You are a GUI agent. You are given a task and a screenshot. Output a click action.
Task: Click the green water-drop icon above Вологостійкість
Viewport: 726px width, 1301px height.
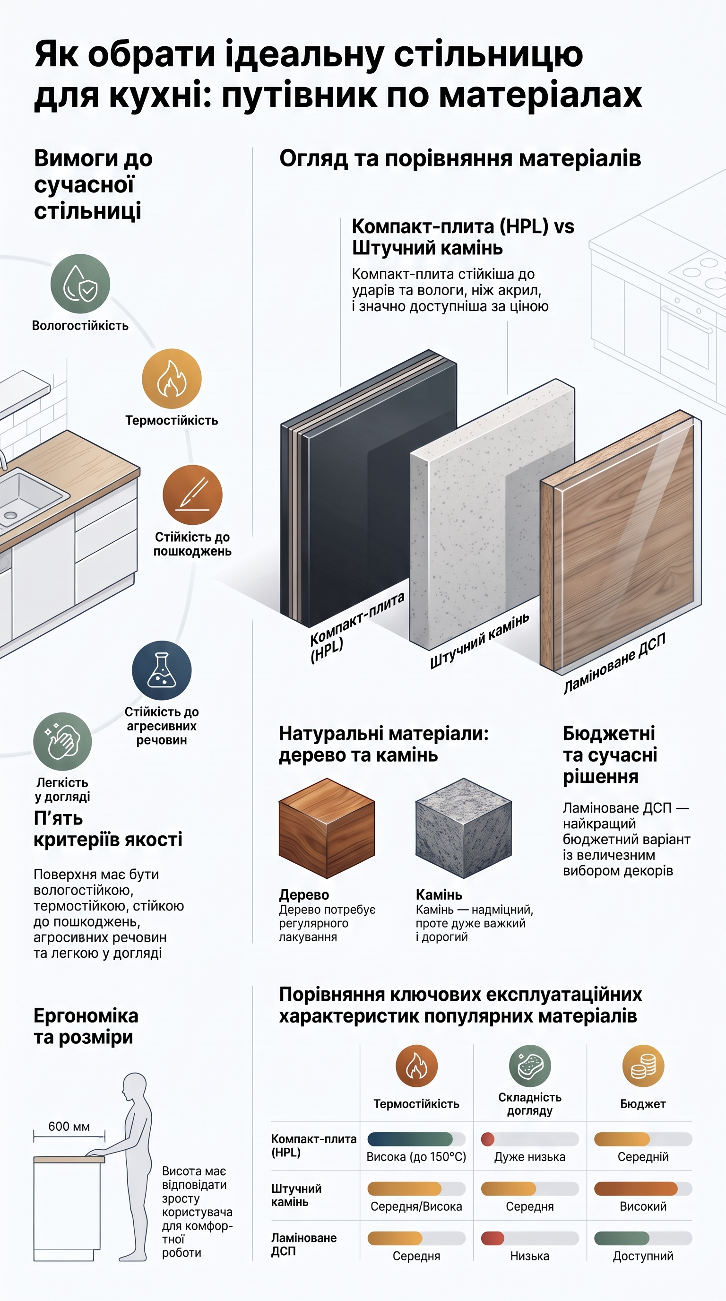[x=80, y=284]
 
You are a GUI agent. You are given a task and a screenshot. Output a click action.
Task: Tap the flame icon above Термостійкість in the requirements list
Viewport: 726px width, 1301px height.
[x=172, y=379]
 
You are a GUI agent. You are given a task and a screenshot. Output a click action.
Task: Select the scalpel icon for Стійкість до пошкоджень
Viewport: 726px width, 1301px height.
[x=192, y=495]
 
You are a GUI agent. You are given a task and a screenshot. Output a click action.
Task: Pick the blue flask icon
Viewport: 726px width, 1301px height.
[x=162, y=671]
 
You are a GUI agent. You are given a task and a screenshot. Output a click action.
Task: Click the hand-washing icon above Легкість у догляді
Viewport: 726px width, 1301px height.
[x=62, y=741]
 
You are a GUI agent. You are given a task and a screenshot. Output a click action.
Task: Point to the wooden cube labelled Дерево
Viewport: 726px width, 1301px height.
[x=327, y=828]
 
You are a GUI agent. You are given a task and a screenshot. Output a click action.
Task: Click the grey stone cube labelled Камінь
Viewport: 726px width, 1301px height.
[x=464, y=828]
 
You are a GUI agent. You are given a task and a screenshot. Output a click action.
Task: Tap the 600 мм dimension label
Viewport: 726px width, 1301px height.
[x=69, y=1126]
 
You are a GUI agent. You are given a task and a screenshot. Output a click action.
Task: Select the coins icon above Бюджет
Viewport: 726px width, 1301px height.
[x=643, y=1066]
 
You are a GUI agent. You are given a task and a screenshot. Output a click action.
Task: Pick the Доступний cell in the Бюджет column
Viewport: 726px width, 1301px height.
[x=643, y=1256]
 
